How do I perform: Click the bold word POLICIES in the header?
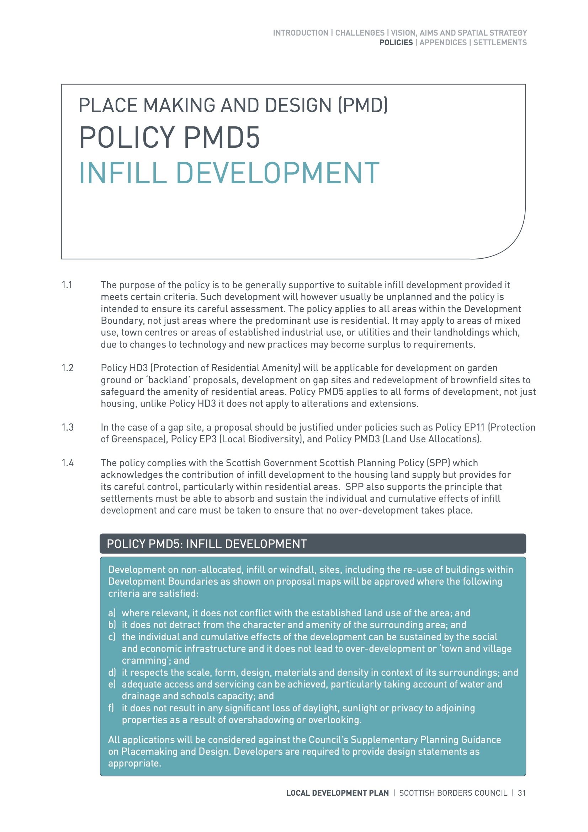pos(396,42)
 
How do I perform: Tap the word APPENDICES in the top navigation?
pos(443,42)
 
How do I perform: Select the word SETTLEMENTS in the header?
pos(500,42)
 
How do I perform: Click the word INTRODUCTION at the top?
pos(300,33)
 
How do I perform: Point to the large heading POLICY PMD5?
pos(169,138)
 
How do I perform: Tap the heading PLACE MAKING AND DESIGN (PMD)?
pos(233,105)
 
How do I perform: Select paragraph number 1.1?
pos(67,285)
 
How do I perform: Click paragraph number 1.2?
pos(67,368)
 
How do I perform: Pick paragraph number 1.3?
pos(67,428)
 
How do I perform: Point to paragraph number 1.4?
pos(67,463)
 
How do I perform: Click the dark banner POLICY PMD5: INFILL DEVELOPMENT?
pos(312,544)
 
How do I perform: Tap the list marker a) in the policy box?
pos(112,613)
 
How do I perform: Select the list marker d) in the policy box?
pos(112,673)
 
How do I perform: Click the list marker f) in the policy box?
pos(111,708)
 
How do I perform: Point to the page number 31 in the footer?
pos(521,793)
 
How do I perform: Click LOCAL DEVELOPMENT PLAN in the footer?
pos(337,793)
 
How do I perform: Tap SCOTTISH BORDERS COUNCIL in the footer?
pos(453,793)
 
